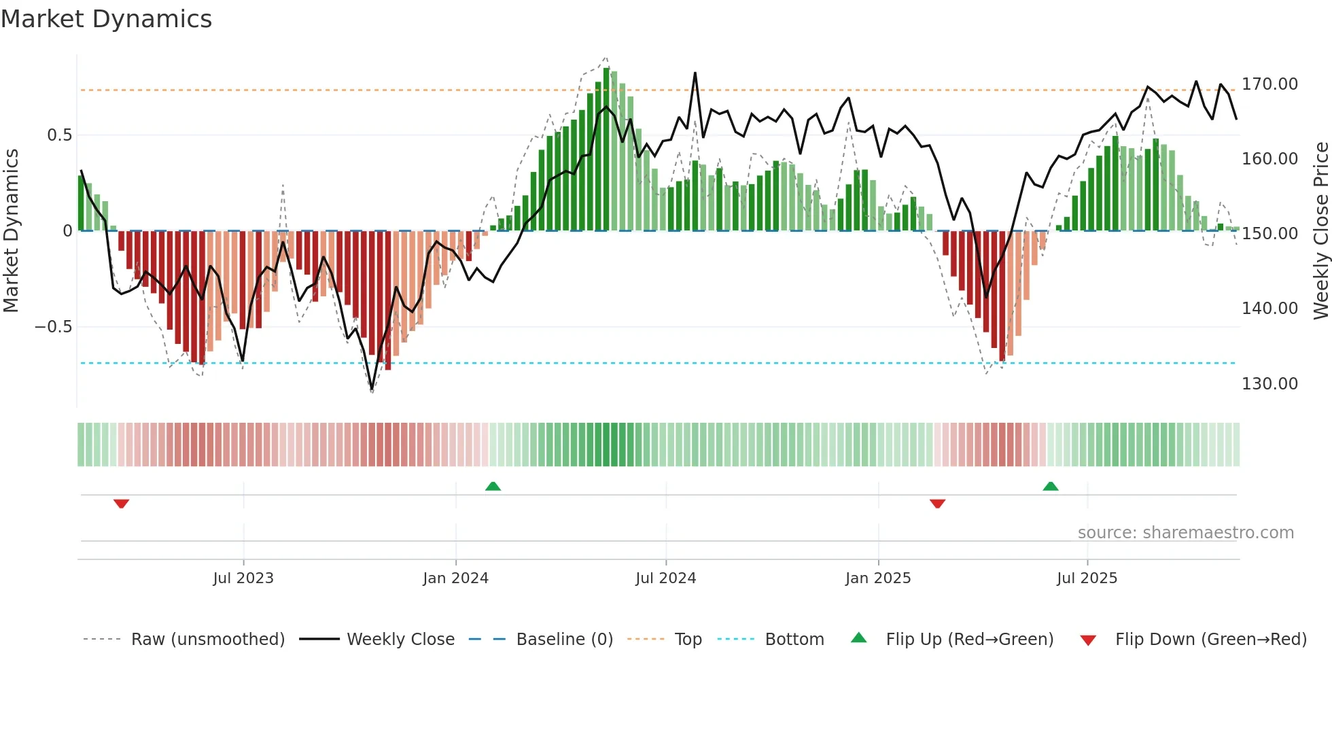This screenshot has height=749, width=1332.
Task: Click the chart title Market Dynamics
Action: tap(106, 19)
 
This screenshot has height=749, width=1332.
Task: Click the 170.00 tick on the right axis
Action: tap(1269, 84)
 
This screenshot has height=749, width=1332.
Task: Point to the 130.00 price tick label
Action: tap(1269, 384)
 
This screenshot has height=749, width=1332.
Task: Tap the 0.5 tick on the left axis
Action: tap(59, 135)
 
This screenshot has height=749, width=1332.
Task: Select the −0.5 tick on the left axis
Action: tap(54, 327)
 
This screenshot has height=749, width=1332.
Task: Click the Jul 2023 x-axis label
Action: tap(243, 578)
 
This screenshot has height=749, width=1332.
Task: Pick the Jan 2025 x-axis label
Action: tap(878, 578)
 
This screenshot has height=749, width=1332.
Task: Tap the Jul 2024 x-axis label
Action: tap(666, 578)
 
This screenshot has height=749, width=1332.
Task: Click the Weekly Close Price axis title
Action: tap(1320, 231)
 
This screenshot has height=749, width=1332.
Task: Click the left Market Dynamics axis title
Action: tap(11, 231)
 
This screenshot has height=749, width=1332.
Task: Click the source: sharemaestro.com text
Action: tap(1185, 533)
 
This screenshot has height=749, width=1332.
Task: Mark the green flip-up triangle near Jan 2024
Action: tap(493, 486)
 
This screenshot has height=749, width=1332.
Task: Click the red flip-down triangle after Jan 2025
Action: tap(937, 504)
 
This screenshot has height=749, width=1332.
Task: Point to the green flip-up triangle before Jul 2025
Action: tap(1051, 486)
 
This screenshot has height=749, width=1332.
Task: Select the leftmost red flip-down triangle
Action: tap(122, 504)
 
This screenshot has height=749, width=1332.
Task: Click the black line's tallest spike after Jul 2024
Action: tap(695, 73)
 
